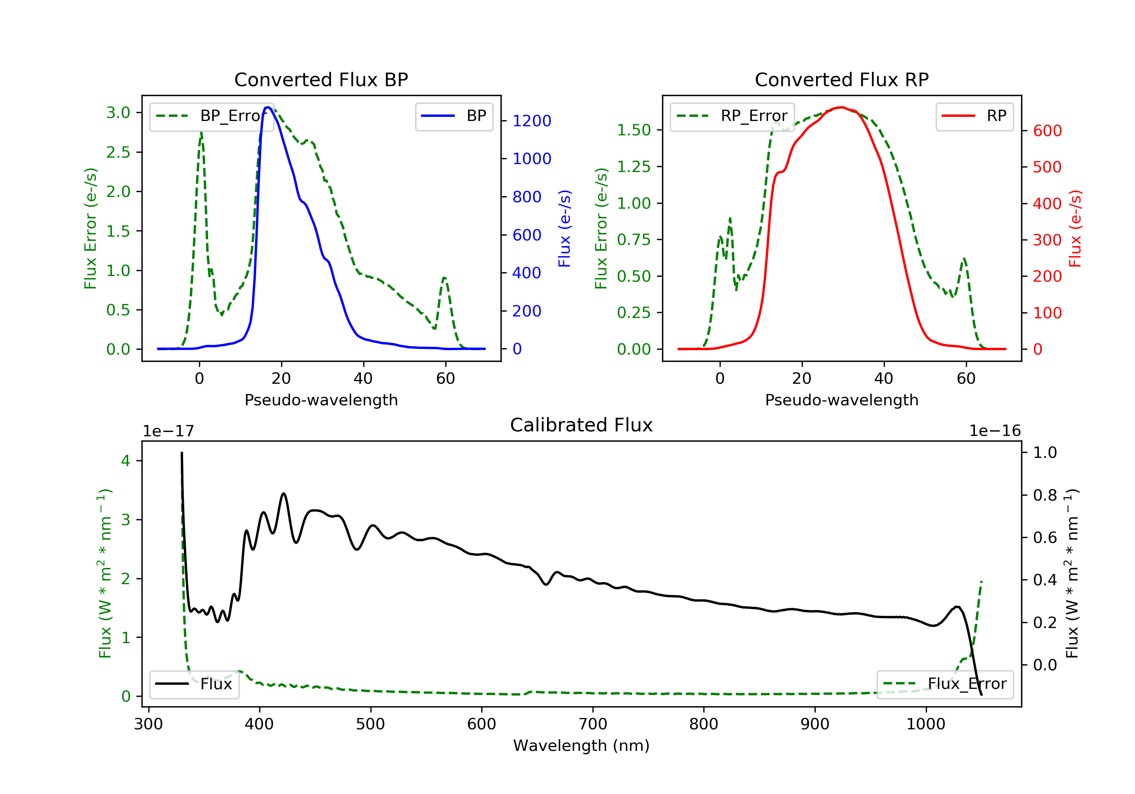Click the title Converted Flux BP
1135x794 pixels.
[321, 79]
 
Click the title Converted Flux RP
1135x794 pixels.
[841, 79]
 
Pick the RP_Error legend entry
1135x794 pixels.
[732, 116]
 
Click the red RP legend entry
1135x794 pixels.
[974, 116]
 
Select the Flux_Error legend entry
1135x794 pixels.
[945, 684]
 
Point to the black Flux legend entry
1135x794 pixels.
[194, 684]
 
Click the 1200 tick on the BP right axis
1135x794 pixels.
[532, 121]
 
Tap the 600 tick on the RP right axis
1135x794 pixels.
[1047, 131]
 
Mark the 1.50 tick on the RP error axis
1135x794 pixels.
[634, 130]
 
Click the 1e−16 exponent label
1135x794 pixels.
[995, 431]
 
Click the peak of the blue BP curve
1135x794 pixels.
[267, 107]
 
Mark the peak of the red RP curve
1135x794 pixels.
[841, 107]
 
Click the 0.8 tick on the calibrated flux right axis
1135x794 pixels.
[1045, 495]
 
